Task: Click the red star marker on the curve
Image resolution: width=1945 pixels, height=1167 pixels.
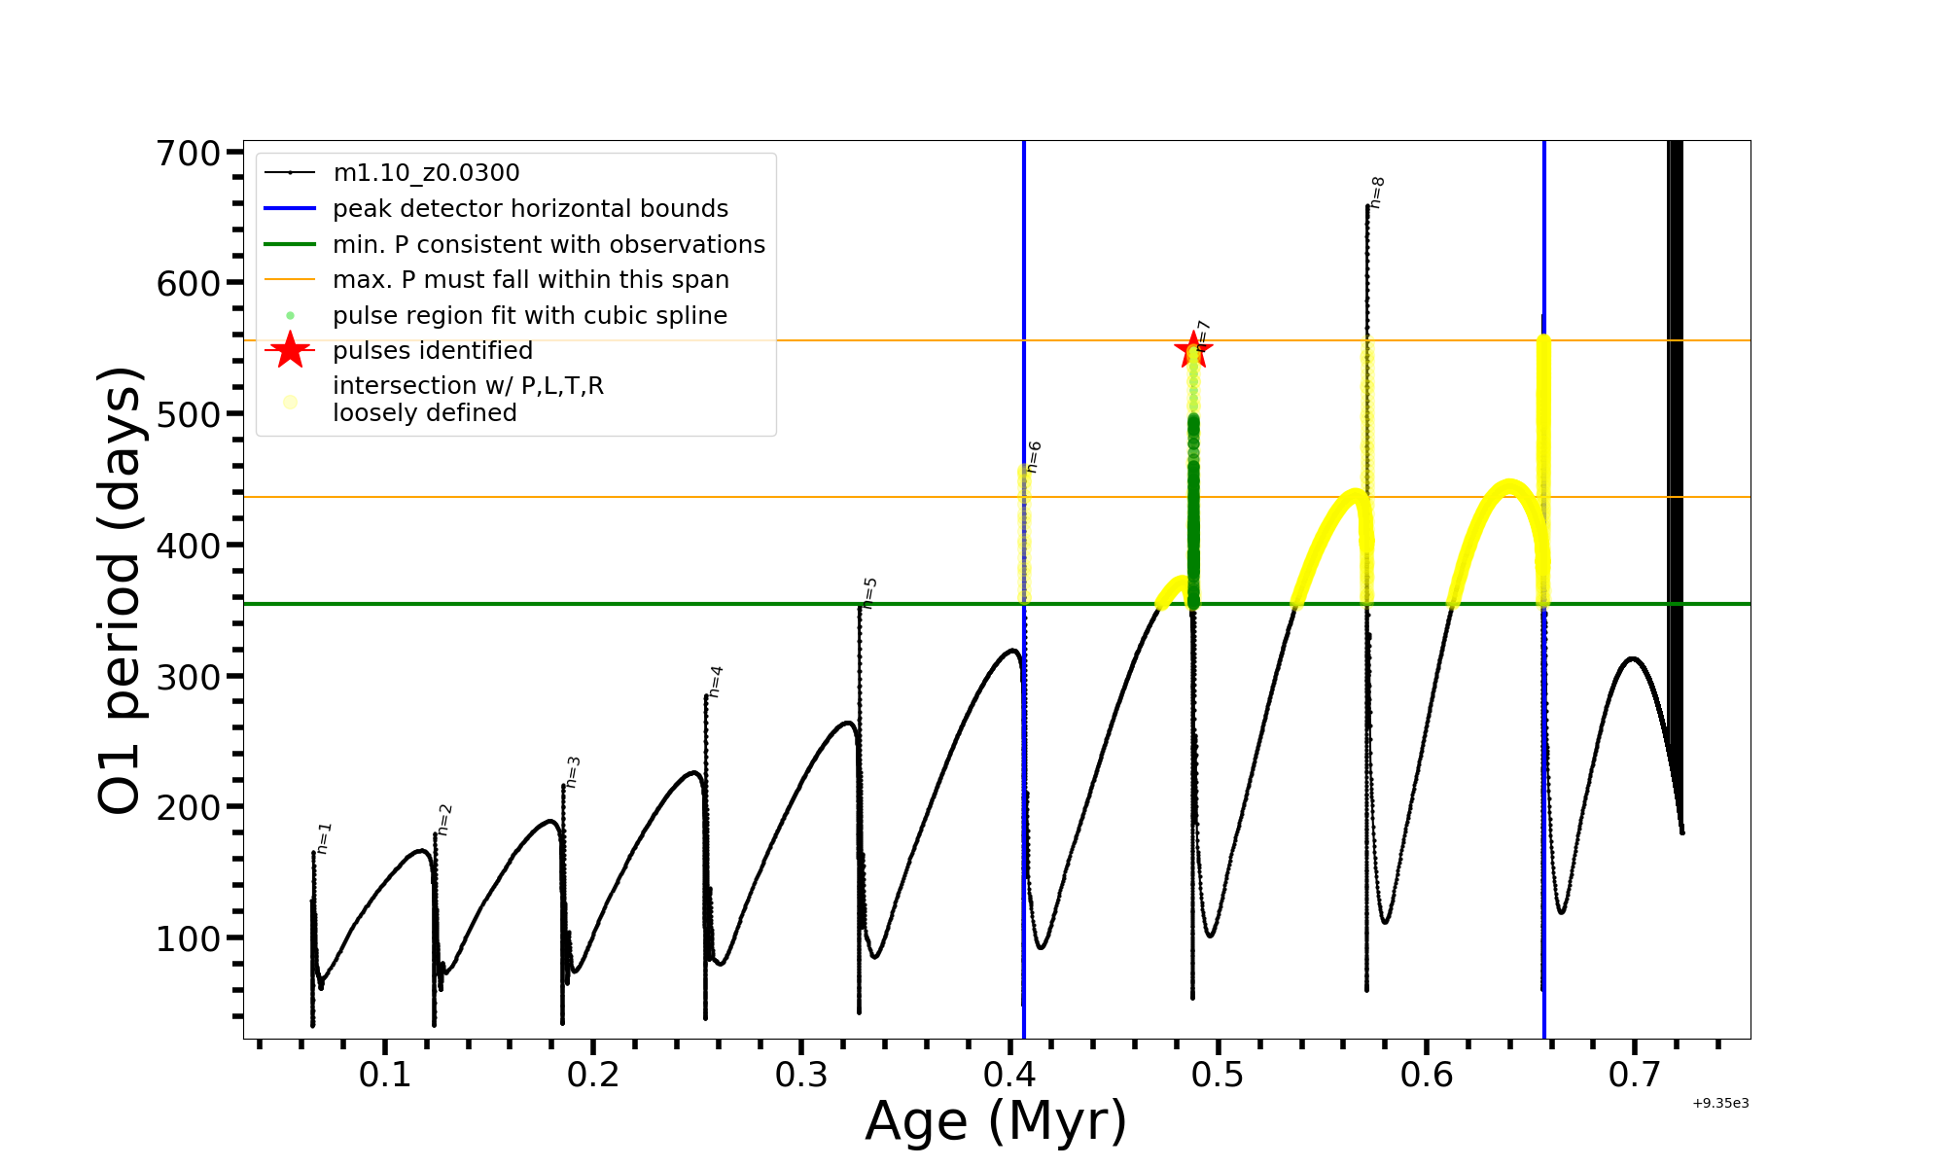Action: click(x=1193, y=350)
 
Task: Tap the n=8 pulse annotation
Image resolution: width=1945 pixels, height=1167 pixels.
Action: click(x=1376, y=193)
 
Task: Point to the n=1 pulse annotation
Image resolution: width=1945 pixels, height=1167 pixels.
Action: click(x=325, y=838)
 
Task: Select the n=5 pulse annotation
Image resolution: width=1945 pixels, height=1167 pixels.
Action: click(x=870, y=592)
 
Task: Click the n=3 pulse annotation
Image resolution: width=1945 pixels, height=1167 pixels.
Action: click(x=573, y=772)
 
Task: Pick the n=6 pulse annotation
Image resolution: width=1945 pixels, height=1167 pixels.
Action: click(x=1034, y=457)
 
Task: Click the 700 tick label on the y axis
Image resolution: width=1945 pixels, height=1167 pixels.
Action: click(x=189, y=153)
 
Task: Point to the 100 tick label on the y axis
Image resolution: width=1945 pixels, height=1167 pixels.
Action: click(x=189, y=938)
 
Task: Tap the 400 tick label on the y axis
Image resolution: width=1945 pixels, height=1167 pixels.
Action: click(x=189, y=546)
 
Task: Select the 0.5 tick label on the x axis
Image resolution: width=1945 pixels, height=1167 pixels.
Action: click(x=1218, y=1075)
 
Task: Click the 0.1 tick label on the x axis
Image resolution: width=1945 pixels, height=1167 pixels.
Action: click(x=385, y=1075)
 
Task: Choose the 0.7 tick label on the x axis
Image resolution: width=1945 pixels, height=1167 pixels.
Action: click(x=1634, y=1075)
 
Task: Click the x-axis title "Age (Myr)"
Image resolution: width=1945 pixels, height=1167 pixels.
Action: click(x=996, y=1121)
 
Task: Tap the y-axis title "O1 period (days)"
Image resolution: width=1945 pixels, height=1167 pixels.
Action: click(x=121, y=590)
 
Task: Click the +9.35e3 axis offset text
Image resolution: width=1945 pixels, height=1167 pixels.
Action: click(x=1720, y=1104)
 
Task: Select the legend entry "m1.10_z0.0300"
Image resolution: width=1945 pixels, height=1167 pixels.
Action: click(x=426, y=173)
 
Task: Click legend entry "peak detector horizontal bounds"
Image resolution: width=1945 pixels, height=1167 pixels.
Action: click(x=530, y=209)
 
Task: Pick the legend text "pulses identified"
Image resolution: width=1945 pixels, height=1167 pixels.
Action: click(x=433, y=351)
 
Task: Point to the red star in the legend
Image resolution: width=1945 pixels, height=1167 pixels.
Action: click(x=290, y=350)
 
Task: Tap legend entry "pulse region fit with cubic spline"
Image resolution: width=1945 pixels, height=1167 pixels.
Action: click(x=530, y=316)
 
